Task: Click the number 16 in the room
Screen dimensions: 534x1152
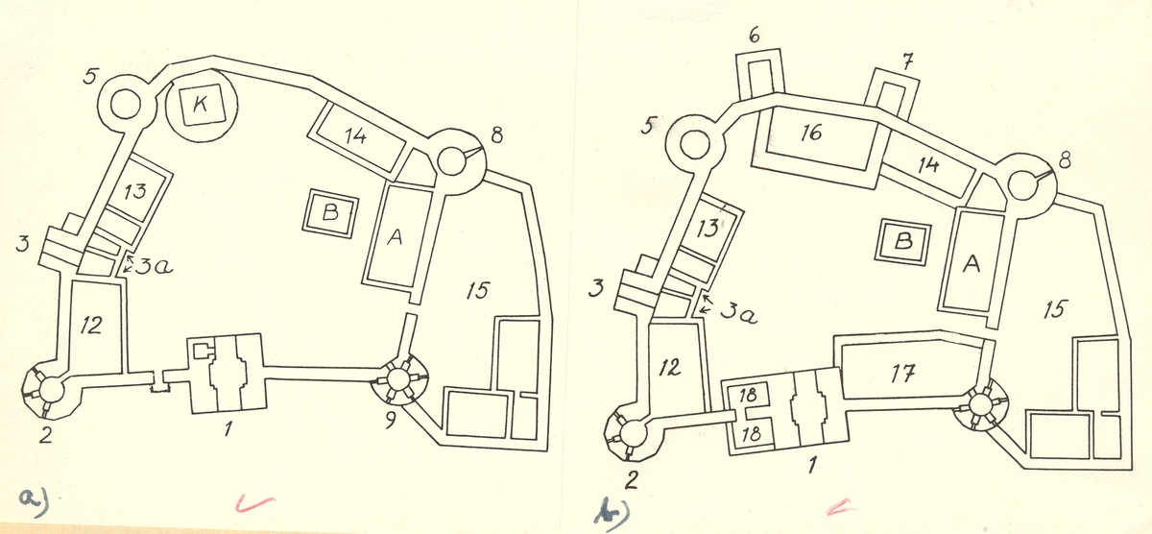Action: point(811,133)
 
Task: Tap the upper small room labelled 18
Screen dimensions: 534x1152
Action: point(749,396)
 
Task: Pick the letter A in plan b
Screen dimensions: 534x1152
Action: point(972,266)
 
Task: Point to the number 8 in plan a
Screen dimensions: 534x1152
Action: point(495,136)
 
